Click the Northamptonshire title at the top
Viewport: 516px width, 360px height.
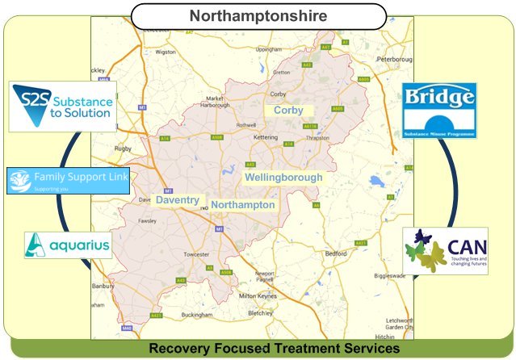[258, 15]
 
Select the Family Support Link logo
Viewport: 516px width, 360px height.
[68, 180]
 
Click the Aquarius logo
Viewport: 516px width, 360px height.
[68, 245]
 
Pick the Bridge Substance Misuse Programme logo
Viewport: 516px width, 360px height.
[438, 110]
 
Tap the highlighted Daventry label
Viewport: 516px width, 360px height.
[177, 199]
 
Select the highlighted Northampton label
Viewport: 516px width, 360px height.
[243, 205]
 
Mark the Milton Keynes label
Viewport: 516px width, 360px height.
[264, 295]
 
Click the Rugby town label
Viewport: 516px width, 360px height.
[100, 148]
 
